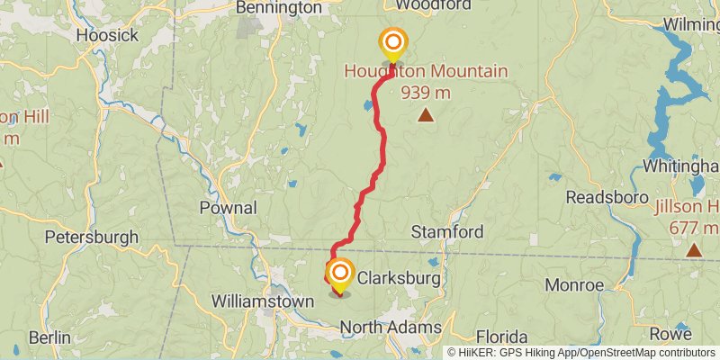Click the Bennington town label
click(x=278, y=7)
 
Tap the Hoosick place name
click(x=107, y=35)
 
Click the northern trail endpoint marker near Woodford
click(x=393, y=43)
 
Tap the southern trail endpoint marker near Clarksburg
click(x=340, y=273)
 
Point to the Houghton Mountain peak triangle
click(x=426, y=114)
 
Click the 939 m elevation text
click(x=426, y=92)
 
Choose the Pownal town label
click(x=228, y=208)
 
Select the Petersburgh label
click(x=91, y=238)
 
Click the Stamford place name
click(x=447, y=232)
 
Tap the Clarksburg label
click(x=399, y=280)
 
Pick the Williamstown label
click(x=262, y=301)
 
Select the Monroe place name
click(x=574, y=285)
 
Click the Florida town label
click(x=507, y=335)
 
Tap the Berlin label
click(x=49, y=337)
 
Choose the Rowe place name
click(x=670, y=334)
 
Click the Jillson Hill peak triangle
click(x=693, y=249)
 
